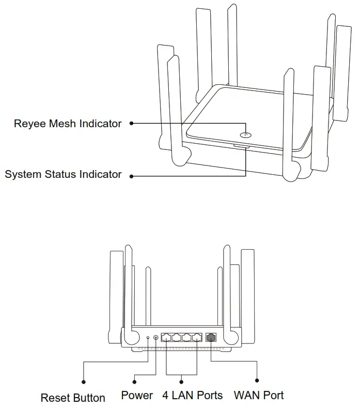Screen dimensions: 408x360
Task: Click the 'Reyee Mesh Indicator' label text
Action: point(68,124)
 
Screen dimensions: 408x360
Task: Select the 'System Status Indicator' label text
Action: point(63,174)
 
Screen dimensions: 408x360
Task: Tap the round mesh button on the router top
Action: point(246,135)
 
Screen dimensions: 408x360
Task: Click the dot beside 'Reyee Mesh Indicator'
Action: point(131,124)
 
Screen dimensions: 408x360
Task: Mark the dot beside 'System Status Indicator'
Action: point(131,176)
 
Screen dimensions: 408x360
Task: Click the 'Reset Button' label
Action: point(73,398)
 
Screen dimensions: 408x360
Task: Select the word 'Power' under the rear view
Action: point(137,396)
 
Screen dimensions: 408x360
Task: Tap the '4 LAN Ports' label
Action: point(192,396)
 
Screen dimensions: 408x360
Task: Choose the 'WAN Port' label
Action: point(259,396)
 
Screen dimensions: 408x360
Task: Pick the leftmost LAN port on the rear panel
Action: point(166,337)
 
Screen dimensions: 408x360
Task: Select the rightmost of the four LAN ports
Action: point(196,337)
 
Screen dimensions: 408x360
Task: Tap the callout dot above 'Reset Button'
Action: point(84,382)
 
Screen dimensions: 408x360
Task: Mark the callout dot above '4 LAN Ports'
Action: point(182,382)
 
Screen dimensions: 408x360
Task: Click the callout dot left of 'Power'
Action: point(134,382)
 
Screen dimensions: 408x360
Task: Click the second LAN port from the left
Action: point(177,337)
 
